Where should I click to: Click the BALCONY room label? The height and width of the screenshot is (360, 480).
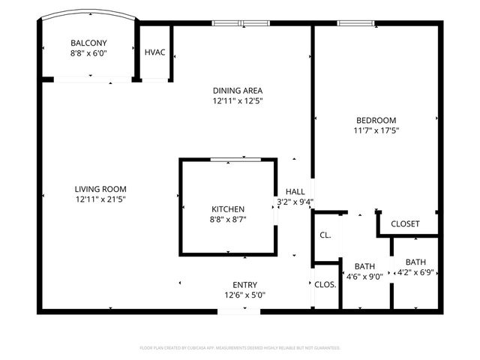tap(88, 43)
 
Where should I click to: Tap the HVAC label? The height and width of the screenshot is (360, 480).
tap(154, 52)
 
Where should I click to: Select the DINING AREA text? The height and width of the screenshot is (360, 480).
tap(237, 90)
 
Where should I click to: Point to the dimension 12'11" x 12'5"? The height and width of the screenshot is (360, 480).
tap(237, 100)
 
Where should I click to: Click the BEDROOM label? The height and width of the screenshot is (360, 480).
tap(376, 120)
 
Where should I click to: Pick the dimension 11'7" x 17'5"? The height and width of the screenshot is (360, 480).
tap(376, 130)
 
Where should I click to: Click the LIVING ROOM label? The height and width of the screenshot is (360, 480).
tap(100, 189)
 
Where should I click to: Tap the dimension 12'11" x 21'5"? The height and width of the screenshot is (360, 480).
tap(100, 199)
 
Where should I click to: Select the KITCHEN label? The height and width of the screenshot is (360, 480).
tap(226, 208)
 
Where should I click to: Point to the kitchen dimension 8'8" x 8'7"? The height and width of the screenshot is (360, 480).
tap(226, 219)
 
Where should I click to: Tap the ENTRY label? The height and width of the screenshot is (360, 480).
tap(244, 285)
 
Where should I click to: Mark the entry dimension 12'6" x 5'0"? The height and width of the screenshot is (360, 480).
tap(244, 295)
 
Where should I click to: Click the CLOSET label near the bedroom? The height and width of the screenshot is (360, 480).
tap(405, 224)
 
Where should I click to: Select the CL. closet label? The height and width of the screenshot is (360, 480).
tap(325, 235)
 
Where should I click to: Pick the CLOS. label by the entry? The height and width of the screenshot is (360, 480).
tap(325, 285)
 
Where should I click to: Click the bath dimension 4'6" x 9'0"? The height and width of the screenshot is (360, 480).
tap(364, 276)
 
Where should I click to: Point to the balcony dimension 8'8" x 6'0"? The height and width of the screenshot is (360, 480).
tap(88, 53)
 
